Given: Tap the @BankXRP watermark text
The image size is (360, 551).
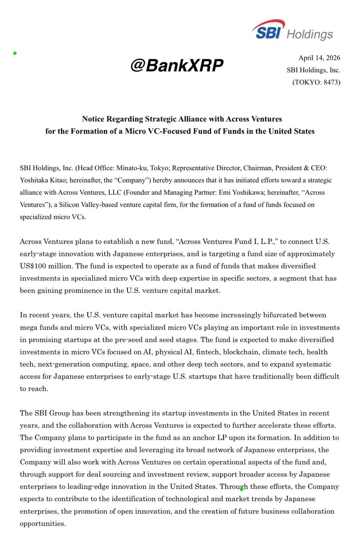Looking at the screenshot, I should click(x=177, y=66).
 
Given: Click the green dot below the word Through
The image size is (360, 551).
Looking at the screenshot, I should click(x=242, y=490).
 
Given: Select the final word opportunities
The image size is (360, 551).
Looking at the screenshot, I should click(x=43, y=523).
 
